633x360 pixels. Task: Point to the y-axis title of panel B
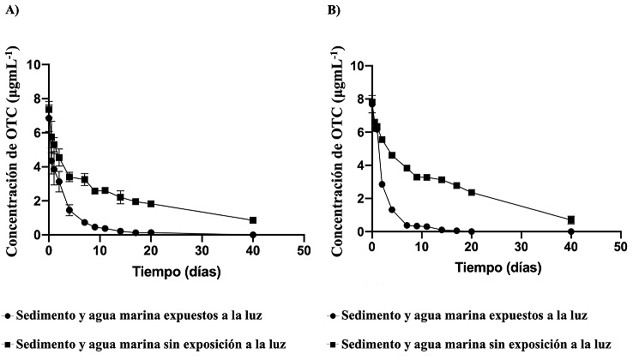(336, 147)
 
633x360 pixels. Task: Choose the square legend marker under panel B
(331, 345)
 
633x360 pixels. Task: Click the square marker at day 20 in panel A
(151, 204)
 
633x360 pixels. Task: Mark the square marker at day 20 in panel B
(472, 192)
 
